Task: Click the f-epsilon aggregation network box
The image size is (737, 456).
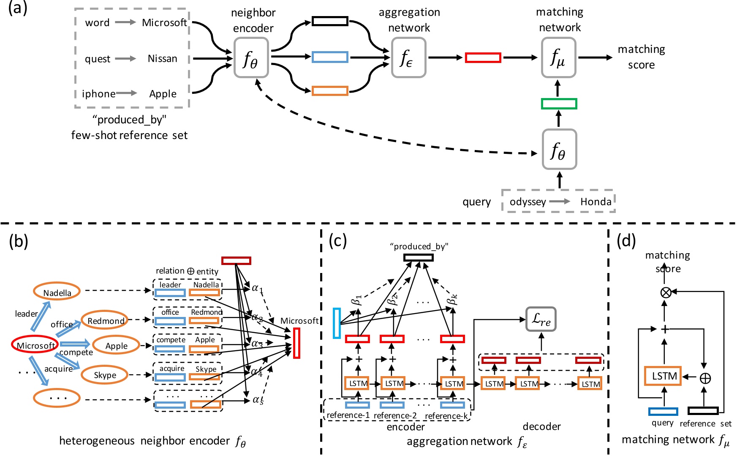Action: [408, 57]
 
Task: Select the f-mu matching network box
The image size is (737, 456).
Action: [558, 57]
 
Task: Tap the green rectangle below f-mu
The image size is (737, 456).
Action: [559, 104]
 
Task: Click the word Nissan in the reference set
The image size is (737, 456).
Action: [163, 59]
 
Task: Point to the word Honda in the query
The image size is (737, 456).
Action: [596, 202]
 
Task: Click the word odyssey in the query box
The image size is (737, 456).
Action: [528, 202]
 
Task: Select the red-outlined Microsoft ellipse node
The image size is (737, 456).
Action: [34, 345]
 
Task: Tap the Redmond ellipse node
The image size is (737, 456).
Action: [106, 321]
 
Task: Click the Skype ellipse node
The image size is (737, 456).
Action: [105, 375]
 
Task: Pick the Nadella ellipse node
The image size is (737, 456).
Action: [57, 292]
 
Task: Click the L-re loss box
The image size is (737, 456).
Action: [541, 320]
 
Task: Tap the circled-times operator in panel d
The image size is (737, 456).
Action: [666, 292]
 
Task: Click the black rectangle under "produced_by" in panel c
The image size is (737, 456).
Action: [418, 257]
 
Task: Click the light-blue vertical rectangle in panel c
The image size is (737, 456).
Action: [337, 323]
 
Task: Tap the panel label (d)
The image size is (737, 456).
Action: [626, 241]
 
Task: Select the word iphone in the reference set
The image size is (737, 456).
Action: [98, 94]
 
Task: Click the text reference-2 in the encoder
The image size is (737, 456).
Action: [395, 415]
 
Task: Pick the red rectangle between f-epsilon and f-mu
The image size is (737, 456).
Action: [483, 57]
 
